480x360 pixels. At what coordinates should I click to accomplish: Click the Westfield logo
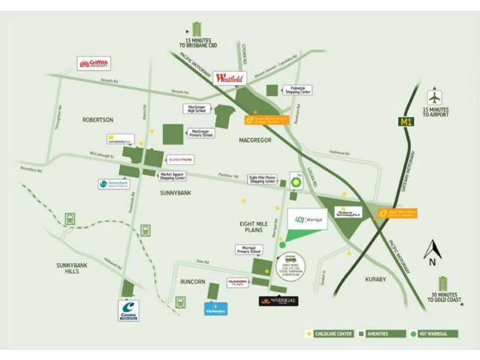(x=229, y=78)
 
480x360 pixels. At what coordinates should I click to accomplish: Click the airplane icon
(x=434, y=97)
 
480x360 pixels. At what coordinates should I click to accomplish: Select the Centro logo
(x=129, y=310)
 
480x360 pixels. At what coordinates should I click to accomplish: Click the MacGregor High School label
(x=196, y=109)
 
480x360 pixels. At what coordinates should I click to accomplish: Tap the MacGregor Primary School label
(x=201, y=133)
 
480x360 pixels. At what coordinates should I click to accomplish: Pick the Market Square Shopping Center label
(x=172, y=176)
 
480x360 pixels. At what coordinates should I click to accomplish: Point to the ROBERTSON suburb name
(x=97, y=120)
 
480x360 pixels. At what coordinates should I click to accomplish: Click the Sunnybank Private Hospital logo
(x=113, y=185)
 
